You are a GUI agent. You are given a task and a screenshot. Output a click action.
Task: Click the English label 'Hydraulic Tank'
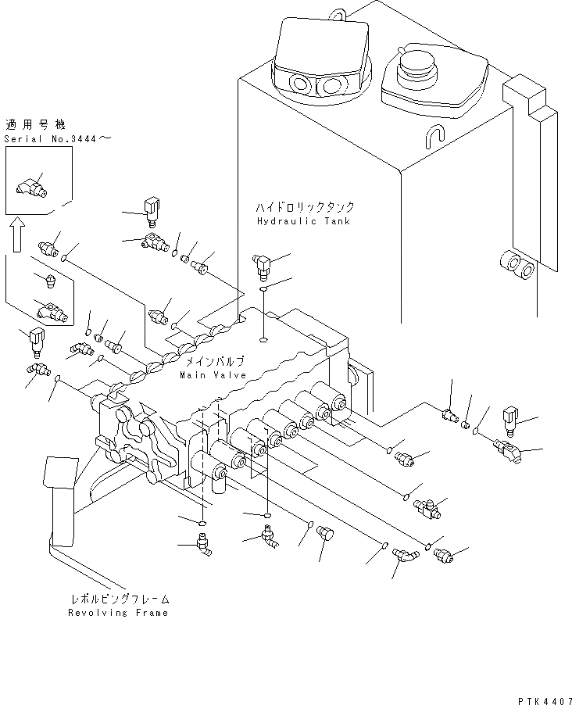pyautogui.click(x=303, y=221)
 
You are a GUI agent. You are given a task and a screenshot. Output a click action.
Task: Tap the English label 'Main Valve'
pyautogui.click(x=213, y=375)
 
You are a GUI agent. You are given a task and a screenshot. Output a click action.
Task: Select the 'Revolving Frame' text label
pyautogui.click(x=117, y=613)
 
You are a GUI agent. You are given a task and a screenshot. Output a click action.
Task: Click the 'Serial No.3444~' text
pyautogui.click(x=58, y=138)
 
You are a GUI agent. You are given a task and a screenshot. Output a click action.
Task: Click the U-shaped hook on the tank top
pyautogui.click(x=435, y=135)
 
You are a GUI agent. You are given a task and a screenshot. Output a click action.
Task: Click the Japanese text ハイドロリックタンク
pyautogui.click(x=303, y=208)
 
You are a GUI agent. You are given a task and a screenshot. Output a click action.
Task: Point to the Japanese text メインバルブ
pyautogui.click(x=213, y=362)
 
